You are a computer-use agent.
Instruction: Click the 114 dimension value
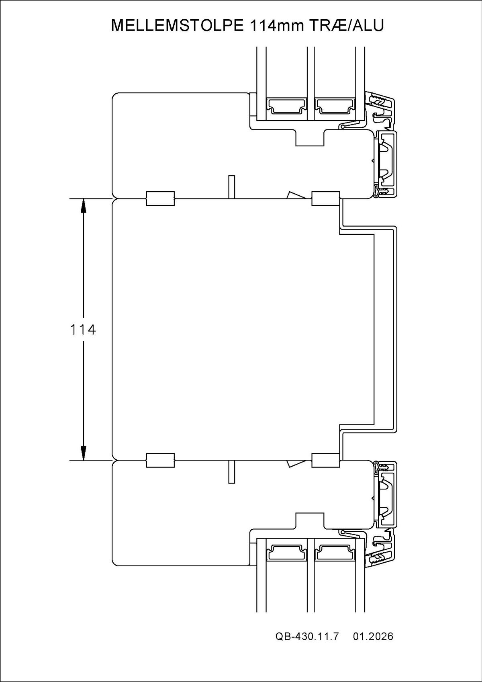(x=83, y=330)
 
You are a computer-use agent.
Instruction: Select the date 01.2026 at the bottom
(x=373, y=648)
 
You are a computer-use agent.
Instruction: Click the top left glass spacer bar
(x=286, y=106)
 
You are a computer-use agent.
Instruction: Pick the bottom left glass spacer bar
(x=286, y=553)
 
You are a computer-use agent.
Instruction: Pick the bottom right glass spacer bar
(x=335, y=553)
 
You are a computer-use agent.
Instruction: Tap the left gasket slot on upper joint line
(x=160, y=199)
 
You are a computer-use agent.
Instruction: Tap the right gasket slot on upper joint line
(x=326, y=199)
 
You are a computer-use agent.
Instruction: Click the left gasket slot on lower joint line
(x=160, y=460)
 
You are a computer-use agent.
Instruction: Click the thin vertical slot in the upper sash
(x=231, y=187)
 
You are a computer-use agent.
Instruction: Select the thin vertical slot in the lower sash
(x=231, y=472)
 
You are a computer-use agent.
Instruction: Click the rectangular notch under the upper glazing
(x=310, y=139)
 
